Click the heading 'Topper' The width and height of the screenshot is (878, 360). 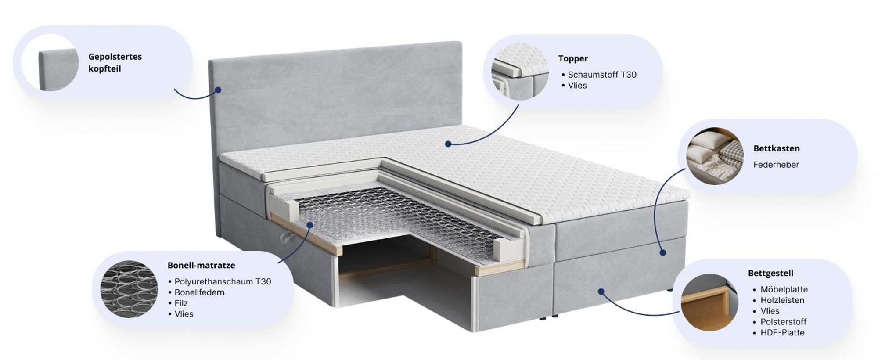pos(573,58)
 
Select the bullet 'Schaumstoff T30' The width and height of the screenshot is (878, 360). pos(602,75)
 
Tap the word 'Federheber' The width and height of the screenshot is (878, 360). pos(776,165)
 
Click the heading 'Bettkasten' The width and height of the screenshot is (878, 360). pos(777,148)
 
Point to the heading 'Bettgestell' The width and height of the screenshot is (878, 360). pos(771,273)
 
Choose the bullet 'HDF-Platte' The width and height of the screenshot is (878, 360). pos(782,333)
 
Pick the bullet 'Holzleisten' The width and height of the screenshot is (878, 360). pos(782,300)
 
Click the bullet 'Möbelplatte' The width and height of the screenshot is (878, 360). pos(784,289)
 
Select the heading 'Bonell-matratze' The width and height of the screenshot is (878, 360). pos(201,265)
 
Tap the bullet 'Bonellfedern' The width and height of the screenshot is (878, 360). pos(199,292)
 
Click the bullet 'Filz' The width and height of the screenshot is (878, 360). pos(181,303)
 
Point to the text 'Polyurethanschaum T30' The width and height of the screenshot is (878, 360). pos(223,281)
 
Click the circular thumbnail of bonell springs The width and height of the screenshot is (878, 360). pos(129,289)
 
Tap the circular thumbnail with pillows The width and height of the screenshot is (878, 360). pos(715,156)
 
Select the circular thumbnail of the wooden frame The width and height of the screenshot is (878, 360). pos(709,302)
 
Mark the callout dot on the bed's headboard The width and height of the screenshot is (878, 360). pos(218,90)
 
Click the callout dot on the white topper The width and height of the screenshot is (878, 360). pos(448,144)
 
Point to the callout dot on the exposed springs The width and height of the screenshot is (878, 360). pos(309,225)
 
